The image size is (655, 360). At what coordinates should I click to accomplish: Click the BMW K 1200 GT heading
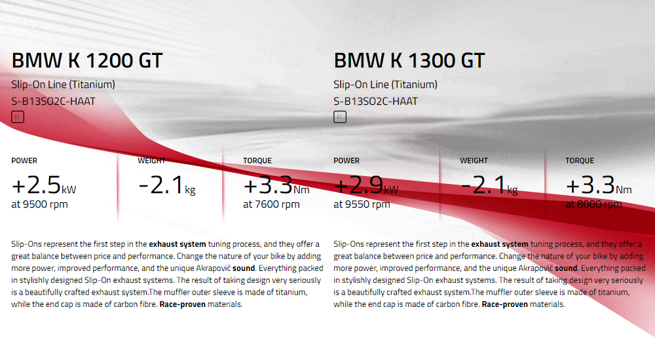point(87,61)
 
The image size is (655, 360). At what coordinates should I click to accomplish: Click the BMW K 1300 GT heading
point(409,61)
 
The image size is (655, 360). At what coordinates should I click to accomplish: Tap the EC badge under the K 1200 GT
point(18,117)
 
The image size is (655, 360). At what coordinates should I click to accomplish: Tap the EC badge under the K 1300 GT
point(340,117)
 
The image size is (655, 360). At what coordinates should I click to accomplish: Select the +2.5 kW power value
point(44,185)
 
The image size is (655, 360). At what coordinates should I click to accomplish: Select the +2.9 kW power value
point(366,185)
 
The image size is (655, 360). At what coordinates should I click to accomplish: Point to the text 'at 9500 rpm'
point(40,204)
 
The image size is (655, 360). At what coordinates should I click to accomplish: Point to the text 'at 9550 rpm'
point(362,204)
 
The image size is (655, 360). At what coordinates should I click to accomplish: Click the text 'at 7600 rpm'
point(272,204)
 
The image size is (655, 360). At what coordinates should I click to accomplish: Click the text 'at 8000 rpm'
point(593,204)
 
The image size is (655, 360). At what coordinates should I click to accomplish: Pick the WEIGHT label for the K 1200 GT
point(152,160)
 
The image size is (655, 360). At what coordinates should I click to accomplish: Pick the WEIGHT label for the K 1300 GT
point(474,160)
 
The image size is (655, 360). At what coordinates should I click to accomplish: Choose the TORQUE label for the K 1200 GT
point(257,160)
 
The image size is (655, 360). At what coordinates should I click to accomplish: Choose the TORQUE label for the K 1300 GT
point(580,160)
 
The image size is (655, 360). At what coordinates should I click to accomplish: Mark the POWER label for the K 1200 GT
point(24,160)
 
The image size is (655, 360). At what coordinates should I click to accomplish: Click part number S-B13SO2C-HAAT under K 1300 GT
point(375,101)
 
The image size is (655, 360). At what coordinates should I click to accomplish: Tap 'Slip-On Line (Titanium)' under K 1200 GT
point(63,84)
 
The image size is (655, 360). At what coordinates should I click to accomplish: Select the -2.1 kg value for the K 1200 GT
point(167,185)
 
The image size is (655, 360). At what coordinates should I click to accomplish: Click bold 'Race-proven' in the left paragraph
point(183,304)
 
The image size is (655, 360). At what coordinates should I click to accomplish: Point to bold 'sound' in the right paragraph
point(566,268)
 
